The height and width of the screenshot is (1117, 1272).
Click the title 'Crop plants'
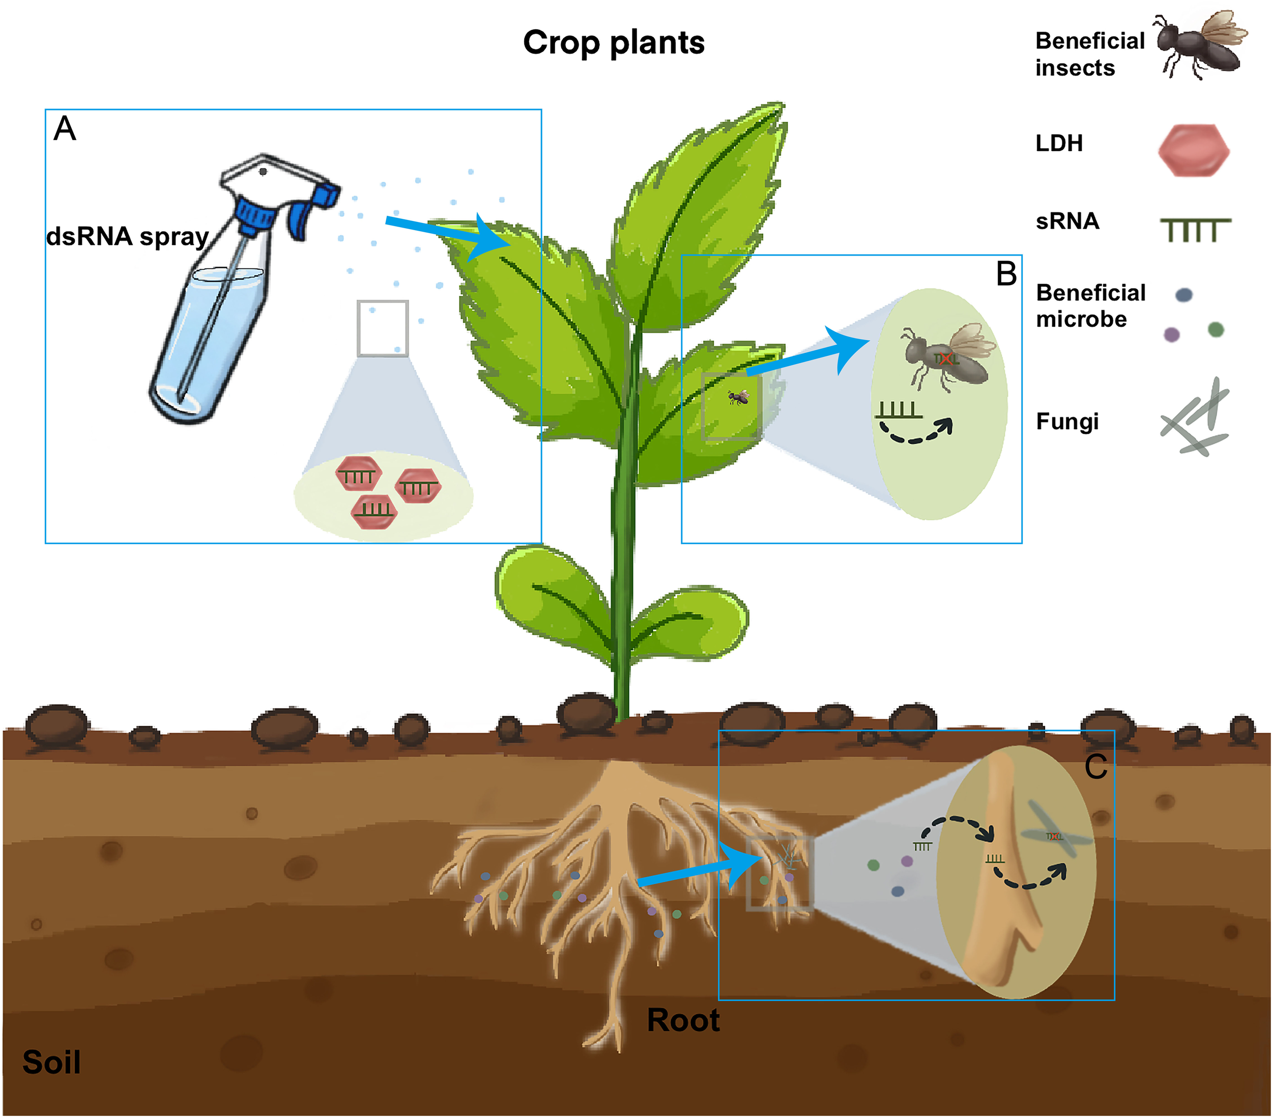click(x=614, y=43)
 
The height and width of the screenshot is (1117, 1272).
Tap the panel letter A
click(x=65, y=129)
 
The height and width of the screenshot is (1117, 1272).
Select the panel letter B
click(x=1006, y=273)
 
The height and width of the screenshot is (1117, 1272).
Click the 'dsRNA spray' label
click(x=128, y=237)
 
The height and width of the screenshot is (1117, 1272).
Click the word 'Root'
click(x=683, y=1020)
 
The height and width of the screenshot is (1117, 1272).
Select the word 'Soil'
click(x=52, y=1062)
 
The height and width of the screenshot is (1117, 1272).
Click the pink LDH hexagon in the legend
click(x=1194, y=150)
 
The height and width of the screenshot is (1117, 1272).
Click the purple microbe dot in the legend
click(x=1172, y=334)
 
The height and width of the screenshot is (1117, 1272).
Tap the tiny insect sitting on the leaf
click(x=738, y=397)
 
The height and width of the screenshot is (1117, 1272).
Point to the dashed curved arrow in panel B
click(x=915, y=432)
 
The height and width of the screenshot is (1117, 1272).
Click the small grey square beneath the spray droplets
click(x=383, y=328)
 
